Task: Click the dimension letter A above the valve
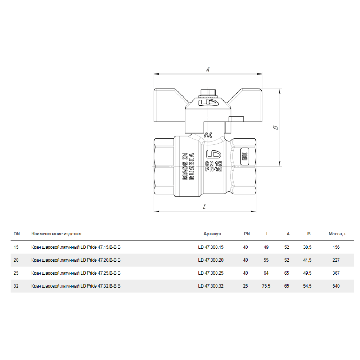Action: tap(208, 69)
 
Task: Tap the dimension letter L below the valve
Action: tap(204, 207)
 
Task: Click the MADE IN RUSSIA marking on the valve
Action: tap(188, 166)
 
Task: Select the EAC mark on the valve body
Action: tap(245, 156)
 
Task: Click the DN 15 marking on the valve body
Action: tap(213, 163)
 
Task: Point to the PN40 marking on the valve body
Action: tap(213, 169)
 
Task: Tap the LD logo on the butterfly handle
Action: tap(207, 102)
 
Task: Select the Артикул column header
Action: tap(212, 234)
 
